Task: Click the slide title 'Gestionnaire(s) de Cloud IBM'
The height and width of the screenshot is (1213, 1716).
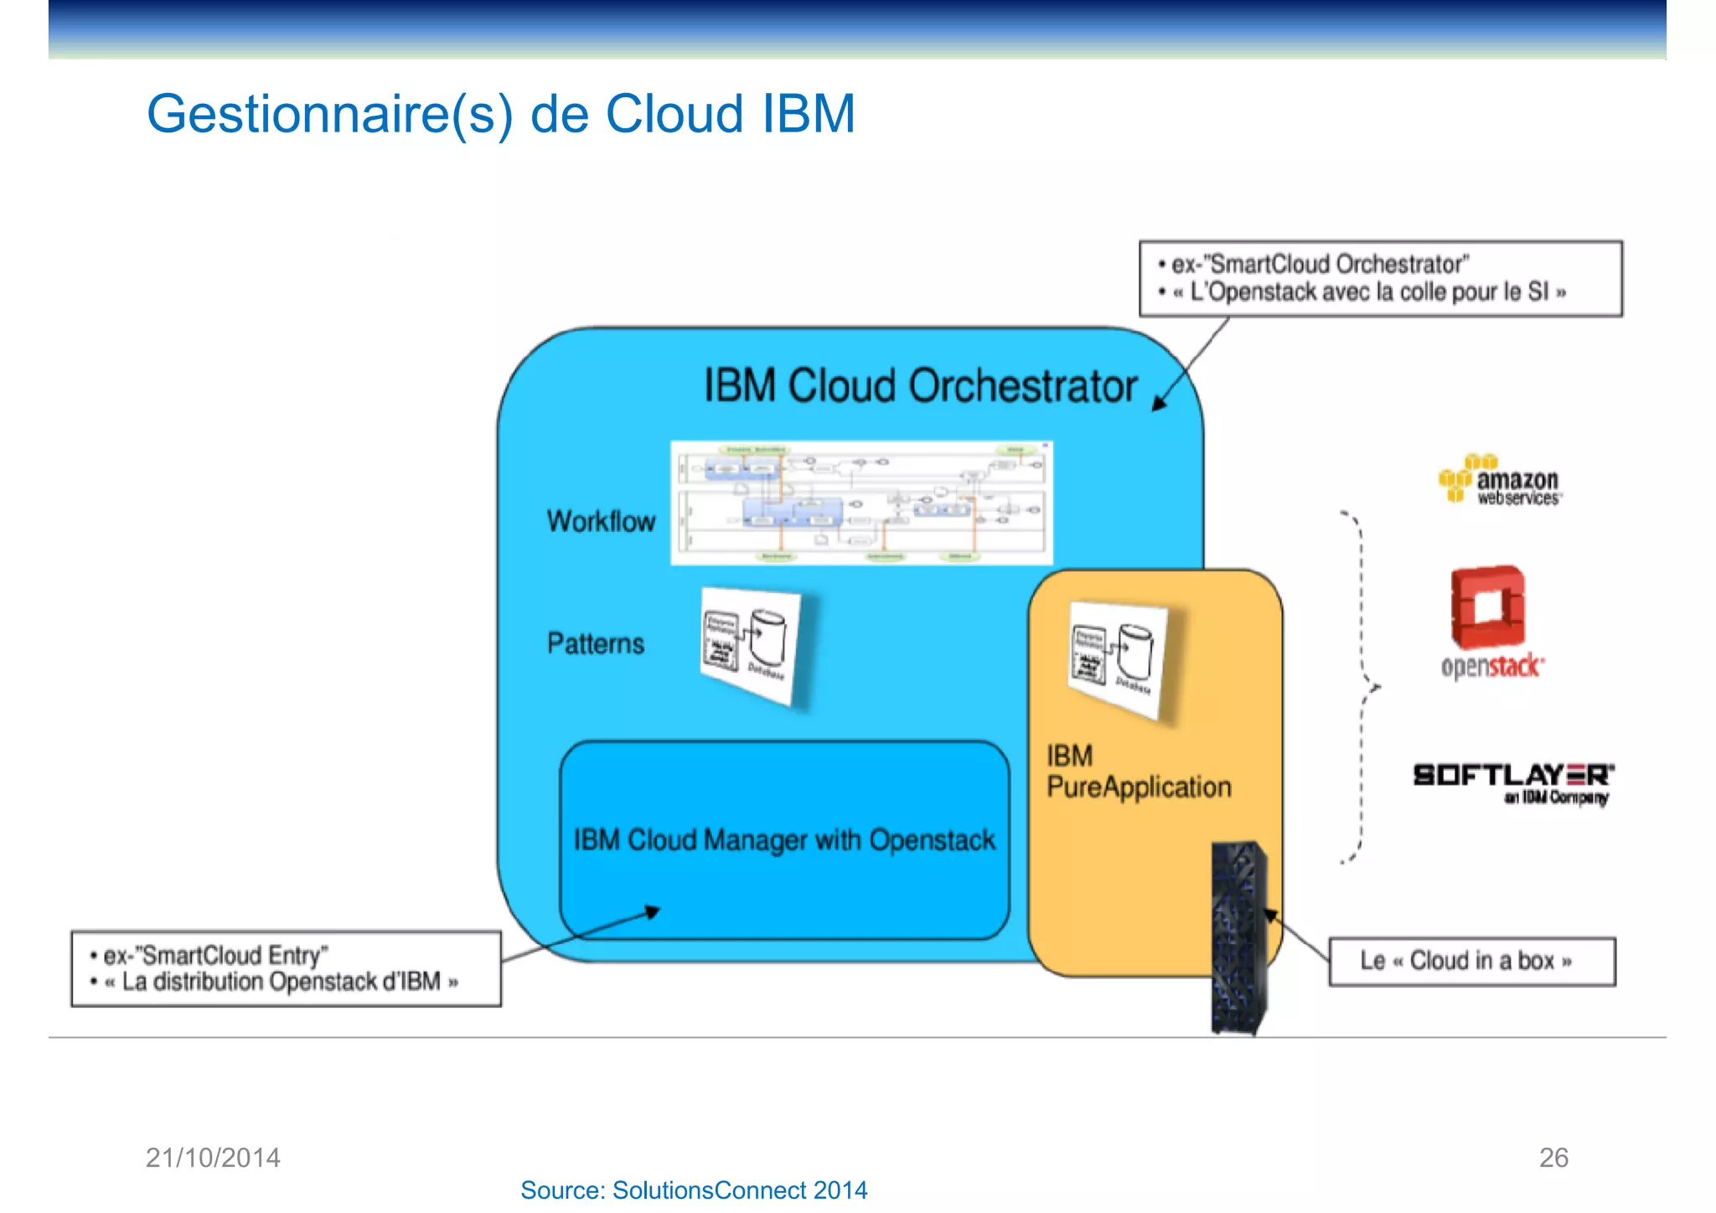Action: tap(500, 114)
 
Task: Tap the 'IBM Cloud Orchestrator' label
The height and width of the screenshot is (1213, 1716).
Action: tap(919, 386)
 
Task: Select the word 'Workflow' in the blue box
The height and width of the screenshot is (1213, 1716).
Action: tap(601, 521)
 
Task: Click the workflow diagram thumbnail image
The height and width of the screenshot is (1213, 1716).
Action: tap(861, 503)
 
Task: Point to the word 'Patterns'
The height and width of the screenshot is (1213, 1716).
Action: tap(595, 643)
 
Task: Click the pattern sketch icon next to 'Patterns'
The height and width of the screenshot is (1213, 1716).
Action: tap(749, 645)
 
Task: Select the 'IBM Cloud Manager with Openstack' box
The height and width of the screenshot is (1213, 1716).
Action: tap(783, 839)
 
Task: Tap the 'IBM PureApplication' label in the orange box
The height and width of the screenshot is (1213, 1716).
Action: tap(1138, 772)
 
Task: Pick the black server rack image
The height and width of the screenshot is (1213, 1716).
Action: tap(1238, 938)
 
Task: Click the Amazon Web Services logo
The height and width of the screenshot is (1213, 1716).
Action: tap(1500, 481)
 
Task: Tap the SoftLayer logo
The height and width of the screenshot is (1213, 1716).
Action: tap(1512, 782)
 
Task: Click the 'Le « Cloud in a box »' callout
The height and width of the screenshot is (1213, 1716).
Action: tap(1470, 961)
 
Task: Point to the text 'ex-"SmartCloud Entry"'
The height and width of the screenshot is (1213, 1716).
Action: tap(214, 955)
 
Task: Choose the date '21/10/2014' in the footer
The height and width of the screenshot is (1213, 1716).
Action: tap(213, 1158)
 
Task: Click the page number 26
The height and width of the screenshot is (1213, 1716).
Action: tap(1553, 1158)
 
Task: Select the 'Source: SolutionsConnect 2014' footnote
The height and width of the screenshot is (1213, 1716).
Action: tap(694, 1190)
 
